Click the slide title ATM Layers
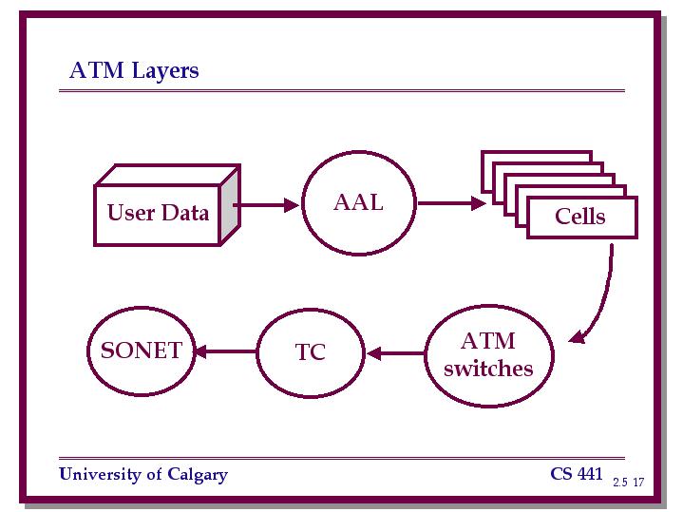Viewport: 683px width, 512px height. [134, 70]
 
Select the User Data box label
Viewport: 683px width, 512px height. [158, 213]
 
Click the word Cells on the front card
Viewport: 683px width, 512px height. [579, 217]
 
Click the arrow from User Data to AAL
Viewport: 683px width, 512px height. [266, 205]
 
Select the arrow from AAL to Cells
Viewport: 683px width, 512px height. [452, 203]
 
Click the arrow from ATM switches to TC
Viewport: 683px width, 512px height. [395, 353]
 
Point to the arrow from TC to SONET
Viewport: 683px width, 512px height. [226, 351]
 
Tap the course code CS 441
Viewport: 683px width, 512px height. [577, 473]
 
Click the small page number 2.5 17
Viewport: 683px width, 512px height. [628, 482]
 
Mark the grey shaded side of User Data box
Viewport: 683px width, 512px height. [229, 206]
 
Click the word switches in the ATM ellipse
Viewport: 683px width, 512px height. [488, 369]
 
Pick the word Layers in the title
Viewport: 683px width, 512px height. [165, 71]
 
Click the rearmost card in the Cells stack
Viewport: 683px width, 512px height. [536, 156]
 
